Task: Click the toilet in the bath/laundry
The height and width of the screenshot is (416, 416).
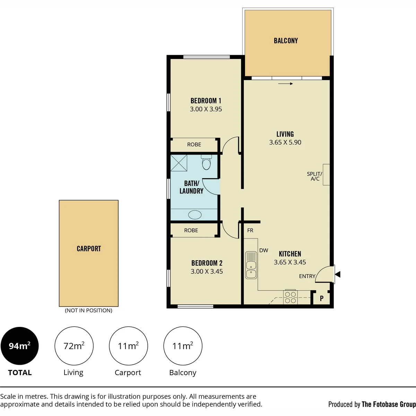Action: (x=206, y=163)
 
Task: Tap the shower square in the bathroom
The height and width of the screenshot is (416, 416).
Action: (x=179, y=163)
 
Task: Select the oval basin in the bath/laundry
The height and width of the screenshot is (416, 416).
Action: (x=195, y=215)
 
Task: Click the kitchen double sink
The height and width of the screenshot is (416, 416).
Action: (x=251, y=265)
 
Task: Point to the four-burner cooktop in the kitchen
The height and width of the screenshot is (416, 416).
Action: (x=291, y=297)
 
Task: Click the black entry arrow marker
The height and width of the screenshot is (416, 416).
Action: (x=338, y=274)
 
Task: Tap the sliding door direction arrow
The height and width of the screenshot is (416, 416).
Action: (x=285, y=84)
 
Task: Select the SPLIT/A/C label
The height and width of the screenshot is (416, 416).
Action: (x=315, y=176)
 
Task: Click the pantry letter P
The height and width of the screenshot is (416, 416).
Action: (x=322, y=298)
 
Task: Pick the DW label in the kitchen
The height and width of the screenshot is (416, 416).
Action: (x=263, y=250)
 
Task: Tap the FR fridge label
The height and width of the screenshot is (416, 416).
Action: (x=250, y=230)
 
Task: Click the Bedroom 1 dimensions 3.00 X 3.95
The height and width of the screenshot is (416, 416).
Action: (x=206, y=109)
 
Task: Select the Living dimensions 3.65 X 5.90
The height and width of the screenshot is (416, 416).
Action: (x=285, y=142)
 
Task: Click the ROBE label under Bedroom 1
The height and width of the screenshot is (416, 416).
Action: (x=194, y=145)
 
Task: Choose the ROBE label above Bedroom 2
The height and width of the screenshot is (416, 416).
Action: (x=191, y=230)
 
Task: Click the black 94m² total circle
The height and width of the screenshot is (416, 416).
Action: (x=20, y=346)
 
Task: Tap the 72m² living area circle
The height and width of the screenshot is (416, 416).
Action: (x=74, y=346)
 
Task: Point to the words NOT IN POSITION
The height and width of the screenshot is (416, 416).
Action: (x=88, y=310)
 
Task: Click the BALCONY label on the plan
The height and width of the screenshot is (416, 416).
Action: (x=286, y=41)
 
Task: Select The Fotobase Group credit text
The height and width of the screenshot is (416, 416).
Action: (x=389, y=404)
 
